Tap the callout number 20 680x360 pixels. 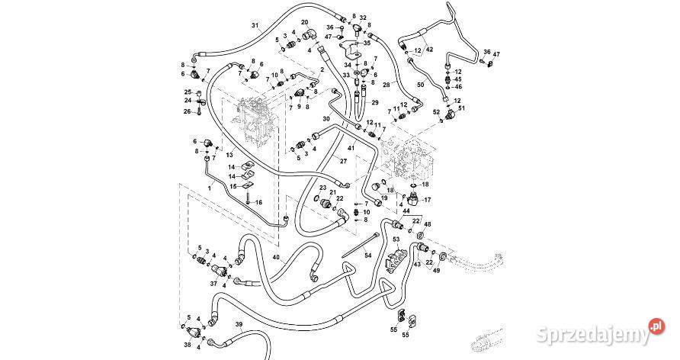tap(304, 23)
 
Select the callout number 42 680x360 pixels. tap(428, 50)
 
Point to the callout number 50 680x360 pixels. tap(420, 85)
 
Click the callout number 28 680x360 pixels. tap(387, 85)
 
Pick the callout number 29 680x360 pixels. tap(375, 102)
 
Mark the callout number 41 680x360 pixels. tap(351, 147)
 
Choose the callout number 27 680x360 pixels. tap(343, 162)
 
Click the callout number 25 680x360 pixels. tap(188, 92)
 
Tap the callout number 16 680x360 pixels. tap(258, 202)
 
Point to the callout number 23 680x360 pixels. tap(322, 188)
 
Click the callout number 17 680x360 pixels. tap(428, 200)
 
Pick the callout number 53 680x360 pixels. tap(396, 239)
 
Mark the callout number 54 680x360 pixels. tap(367, 255)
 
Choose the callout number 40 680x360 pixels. tap(276, 258)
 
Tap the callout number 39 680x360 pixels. tap(239, 326)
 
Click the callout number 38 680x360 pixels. tap(187, 344)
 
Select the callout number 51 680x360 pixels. tap(460, 108)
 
